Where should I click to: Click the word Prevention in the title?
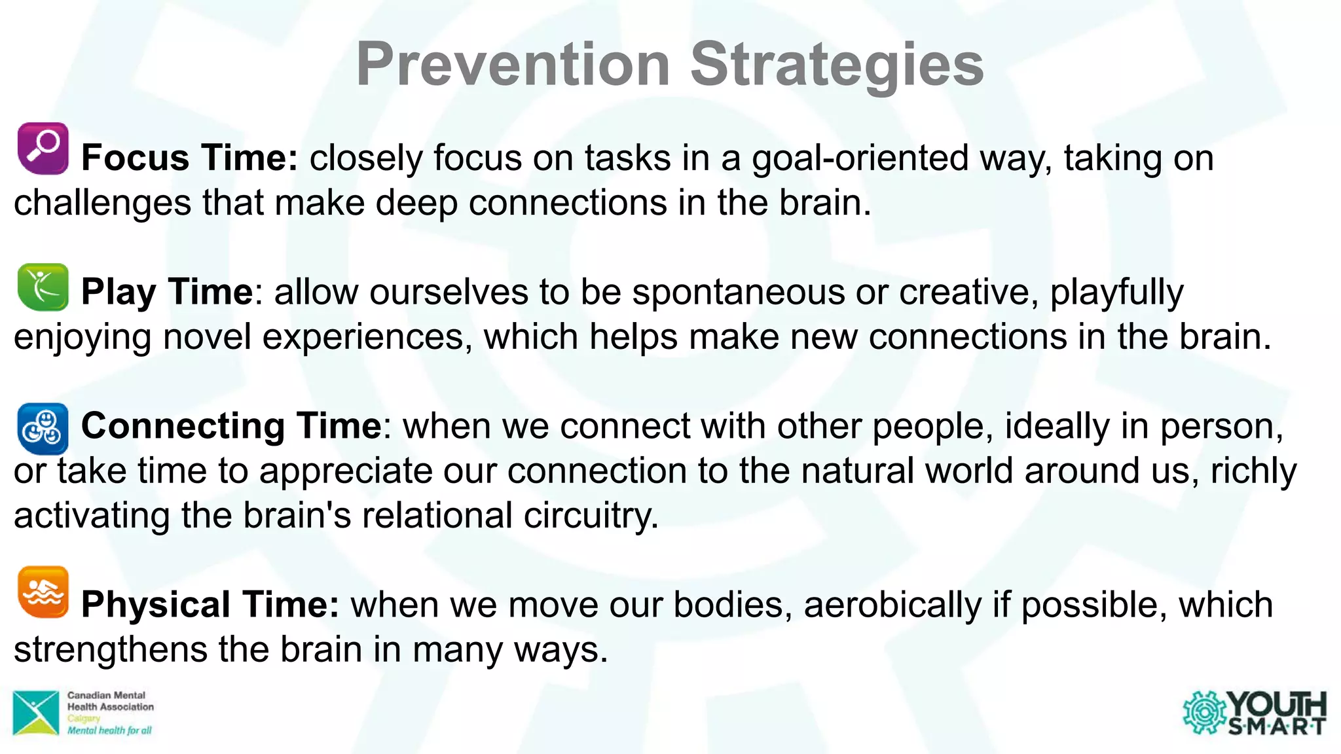512,64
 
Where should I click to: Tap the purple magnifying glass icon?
43,149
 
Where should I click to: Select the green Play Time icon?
43,287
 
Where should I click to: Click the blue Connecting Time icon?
43,429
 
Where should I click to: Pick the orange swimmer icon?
43,592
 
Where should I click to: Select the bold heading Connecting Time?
231,426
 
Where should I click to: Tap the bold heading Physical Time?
210,604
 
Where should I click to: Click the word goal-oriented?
858,158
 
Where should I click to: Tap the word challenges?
102,203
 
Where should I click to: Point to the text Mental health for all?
109,730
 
